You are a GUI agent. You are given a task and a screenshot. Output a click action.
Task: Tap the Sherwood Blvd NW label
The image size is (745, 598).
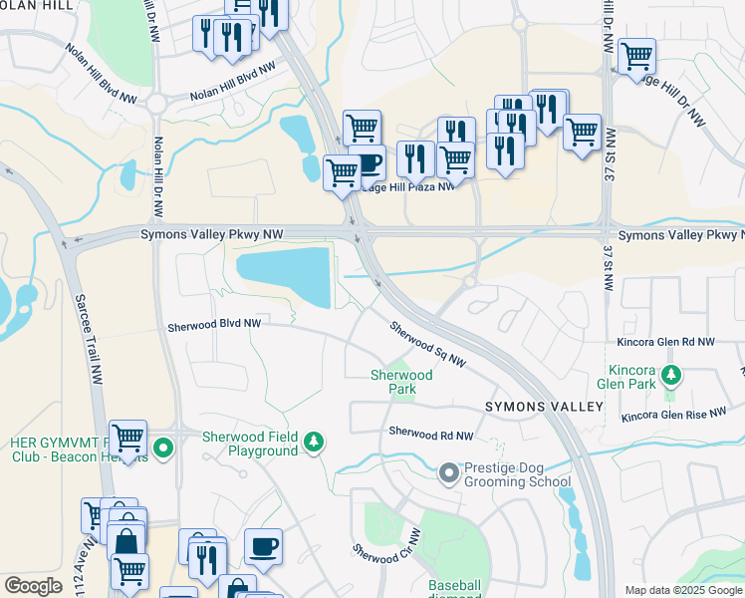pos(214,325)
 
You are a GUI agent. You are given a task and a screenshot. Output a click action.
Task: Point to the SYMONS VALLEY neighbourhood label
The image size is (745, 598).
pos(544,407)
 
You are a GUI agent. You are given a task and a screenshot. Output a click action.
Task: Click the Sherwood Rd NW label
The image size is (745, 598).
pos(430,434)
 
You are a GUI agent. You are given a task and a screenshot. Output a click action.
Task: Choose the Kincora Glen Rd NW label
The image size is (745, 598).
pos(664,342)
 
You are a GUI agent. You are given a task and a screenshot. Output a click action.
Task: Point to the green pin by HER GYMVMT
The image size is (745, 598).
pos(163,450)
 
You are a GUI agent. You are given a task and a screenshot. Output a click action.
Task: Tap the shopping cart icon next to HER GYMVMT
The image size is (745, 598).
pos(127,438)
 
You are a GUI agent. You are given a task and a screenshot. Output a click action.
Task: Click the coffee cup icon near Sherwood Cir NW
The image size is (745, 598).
pos(263,546)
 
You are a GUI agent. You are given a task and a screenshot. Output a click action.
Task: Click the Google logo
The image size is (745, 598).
pos(33,586)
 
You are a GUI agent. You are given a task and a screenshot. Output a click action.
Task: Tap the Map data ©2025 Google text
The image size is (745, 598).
pos(683,590)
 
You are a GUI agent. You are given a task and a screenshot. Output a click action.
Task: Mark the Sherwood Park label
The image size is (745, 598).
pos(401,382)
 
